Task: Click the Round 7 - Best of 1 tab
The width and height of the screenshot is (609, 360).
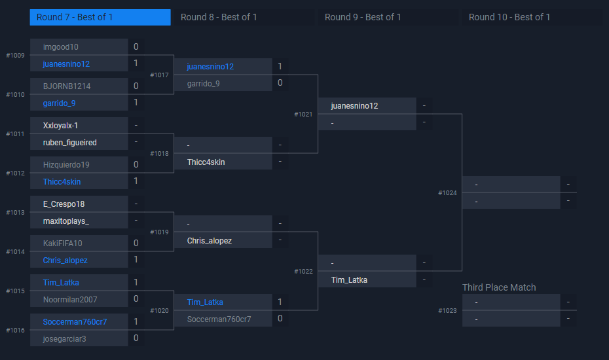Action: click(100, 17)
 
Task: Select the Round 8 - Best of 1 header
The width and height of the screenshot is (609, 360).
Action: click(219, 17)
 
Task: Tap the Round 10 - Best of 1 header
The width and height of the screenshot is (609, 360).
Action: click(509, 17)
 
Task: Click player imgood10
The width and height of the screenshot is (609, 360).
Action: click(61, 47)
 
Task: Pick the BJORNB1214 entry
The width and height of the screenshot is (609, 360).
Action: click(67, 86)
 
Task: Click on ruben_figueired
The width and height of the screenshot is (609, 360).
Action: click(69, 142)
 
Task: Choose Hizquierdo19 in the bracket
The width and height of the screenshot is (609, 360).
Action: click(66, 164)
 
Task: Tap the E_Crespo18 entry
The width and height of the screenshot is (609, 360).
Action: click(64, 204)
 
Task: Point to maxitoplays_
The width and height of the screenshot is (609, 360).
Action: click(65, 221)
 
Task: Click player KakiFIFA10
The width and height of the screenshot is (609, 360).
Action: click(63, 243)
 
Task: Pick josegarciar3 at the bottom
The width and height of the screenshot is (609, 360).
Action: click(64, 338)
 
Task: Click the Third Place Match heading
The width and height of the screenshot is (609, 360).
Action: click(499, 287)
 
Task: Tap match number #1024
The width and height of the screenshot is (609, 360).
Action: click(448, 193)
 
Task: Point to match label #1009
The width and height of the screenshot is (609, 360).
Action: click(15, 56)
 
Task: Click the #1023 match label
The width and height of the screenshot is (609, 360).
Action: click(448, 311)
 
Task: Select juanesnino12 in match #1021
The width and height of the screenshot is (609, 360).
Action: click(354, 105)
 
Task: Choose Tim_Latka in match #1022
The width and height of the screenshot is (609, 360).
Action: click(349, 279)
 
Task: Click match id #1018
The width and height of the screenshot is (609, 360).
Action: click(159, 154)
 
